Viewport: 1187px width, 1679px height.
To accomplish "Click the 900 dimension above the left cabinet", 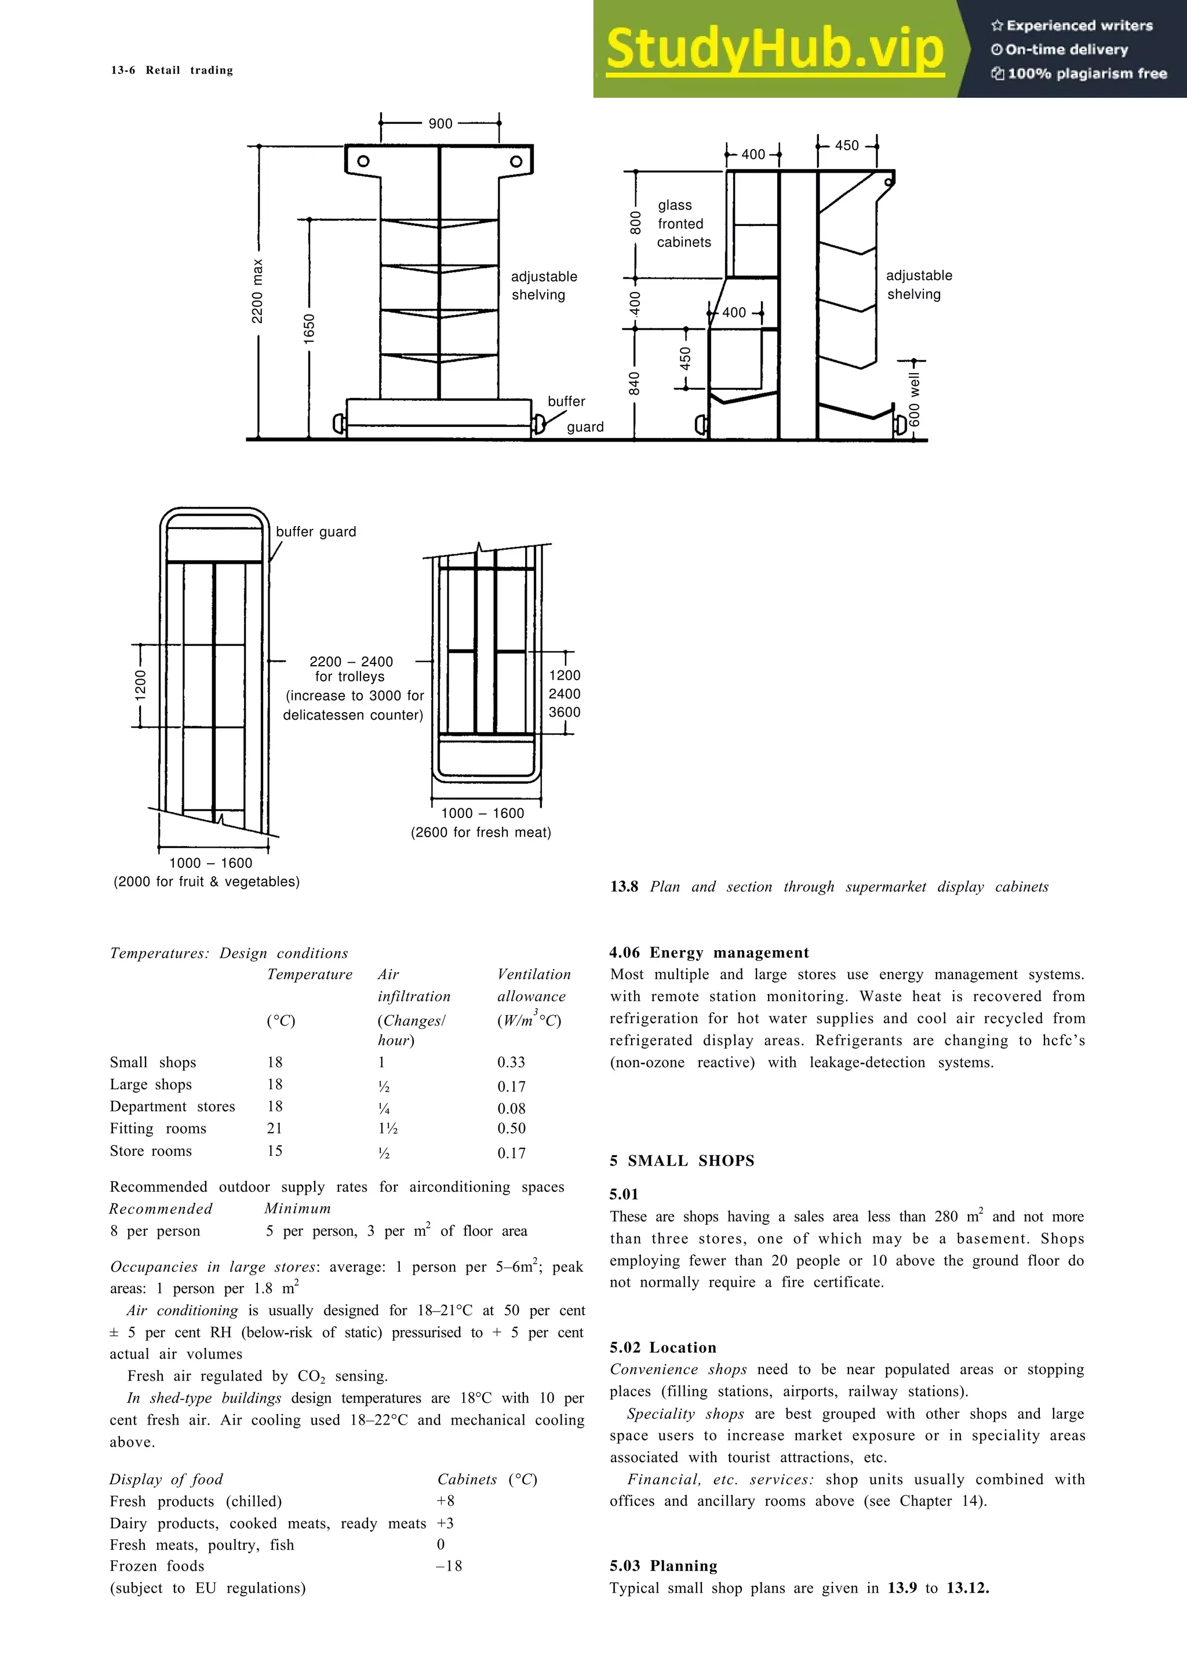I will tap(440, 123).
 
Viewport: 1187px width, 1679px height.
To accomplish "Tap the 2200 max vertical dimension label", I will tap(257, 291).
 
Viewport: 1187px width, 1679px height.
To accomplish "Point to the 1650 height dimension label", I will tap(310, 327).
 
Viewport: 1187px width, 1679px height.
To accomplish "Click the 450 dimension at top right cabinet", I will tap(847, 145).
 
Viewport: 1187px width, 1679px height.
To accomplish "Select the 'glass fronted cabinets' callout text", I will tap(683, 224).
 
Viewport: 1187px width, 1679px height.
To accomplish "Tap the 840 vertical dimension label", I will tap(635, 383).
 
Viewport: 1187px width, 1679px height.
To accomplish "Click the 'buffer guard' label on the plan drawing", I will tap(316, 532).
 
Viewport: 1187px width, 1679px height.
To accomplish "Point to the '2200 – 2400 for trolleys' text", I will tap(351, 669).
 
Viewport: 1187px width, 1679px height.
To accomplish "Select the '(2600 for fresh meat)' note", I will tap(480, 832).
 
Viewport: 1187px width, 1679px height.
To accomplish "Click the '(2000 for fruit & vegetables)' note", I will tap(206, 881).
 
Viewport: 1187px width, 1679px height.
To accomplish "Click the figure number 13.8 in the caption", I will tap(624, 886).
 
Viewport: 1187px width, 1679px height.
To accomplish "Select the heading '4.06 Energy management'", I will tap(709, 952).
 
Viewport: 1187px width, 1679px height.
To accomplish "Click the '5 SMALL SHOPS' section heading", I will tap(682, 1160).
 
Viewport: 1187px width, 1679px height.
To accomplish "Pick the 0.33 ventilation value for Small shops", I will tap(511, 1062).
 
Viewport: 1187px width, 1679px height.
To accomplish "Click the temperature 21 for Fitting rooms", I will tap(274, 1127).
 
